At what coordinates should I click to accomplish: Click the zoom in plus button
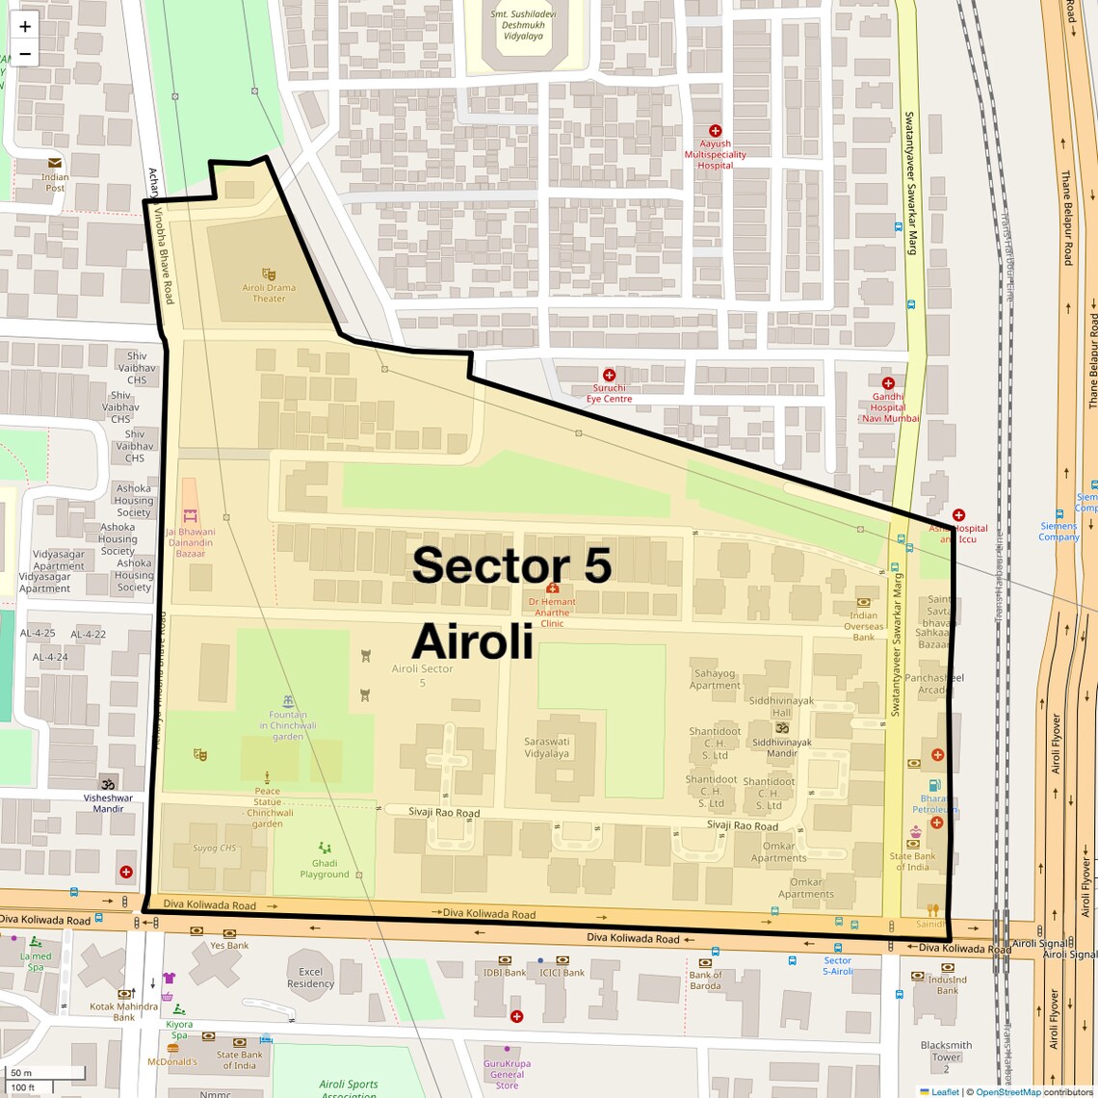coord(25,27)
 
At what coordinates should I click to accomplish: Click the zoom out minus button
coord(25,54)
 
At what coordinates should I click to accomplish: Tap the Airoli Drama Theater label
coord(269,293)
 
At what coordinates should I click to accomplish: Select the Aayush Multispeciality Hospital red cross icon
coord(715,130)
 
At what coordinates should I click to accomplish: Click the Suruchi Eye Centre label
coord(609,393)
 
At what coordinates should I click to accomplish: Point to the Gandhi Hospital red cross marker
coord(888,383)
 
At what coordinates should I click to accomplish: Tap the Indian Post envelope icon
coord(55,163)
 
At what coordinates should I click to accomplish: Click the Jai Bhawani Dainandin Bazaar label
coord(191,542)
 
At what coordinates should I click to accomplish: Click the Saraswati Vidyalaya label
coord(546,747)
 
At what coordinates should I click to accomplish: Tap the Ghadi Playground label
coord(325,869)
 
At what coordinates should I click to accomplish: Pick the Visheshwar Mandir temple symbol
coord(108,783)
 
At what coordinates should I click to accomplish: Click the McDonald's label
coord(172,1061)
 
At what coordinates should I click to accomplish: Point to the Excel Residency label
coord(310,978)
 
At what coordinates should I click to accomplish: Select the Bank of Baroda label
coord(705,980)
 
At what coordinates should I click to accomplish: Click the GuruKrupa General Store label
coord(507,1074)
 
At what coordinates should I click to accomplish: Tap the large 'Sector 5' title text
coord(511,565)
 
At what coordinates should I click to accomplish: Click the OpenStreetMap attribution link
coord(1007,1092)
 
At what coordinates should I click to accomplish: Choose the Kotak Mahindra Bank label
coord(124,1011)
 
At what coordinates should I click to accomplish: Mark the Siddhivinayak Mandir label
coord(781,747)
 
